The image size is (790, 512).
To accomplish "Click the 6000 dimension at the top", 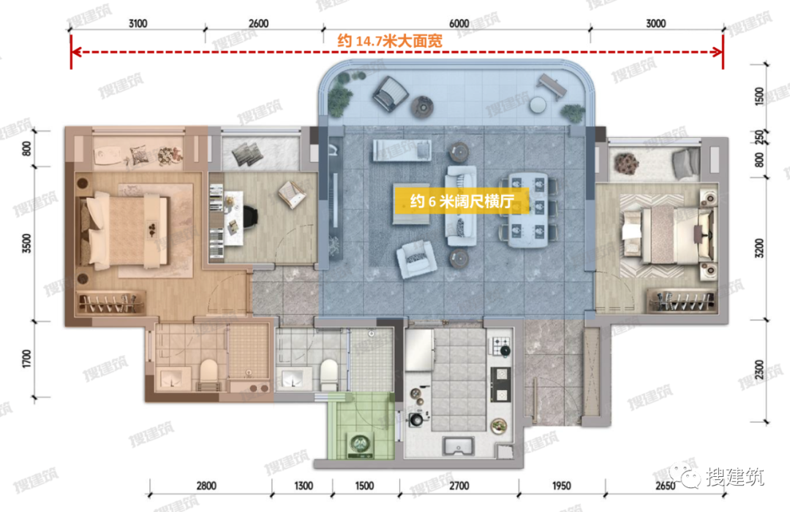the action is pyautogui.click(x=459, y=23).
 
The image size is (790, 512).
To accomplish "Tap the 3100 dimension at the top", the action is pyautogui.click(x=138, y=23).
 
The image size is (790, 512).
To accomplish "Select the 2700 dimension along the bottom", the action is pyautogui.click(x=459, y=486).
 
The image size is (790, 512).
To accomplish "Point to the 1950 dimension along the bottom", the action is pyautogui.click(x=561, y=486).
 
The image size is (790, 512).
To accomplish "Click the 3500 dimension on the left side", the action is pyautogui.click(x=27, y=243).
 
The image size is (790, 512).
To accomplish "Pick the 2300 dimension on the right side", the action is pyautogui.click(x=759, y=370).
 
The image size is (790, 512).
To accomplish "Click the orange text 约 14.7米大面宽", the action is pyautogui.click(x=390, y=41).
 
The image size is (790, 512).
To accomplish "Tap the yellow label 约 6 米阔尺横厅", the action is pyautogui.click(x=462, y=201).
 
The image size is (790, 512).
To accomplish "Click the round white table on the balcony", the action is pyautogui.click(x=538, y=104).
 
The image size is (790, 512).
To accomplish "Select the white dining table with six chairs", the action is pyautogui.click(x=528, y=210).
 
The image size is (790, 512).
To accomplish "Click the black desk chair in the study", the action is pyautogui.click(x=250, y=215).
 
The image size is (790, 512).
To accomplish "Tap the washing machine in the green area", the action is pyautogui.click(x=360, y=445).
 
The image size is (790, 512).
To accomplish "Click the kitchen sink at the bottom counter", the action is pyautogui.click(x=458, y=446).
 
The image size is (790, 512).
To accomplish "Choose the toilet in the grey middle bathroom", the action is pyautogui.click(x=329, y=374).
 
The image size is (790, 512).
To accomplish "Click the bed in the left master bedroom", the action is pyautogui.click(x=124, y=230).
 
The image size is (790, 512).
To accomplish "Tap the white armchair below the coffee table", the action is pyautogui.click(x=416, y=259).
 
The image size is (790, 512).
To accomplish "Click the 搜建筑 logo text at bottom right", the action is pyautogui.click(x=735, y=476).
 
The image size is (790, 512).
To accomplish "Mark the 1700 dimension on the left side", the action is pyautogui.click(x=27, y=359).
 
